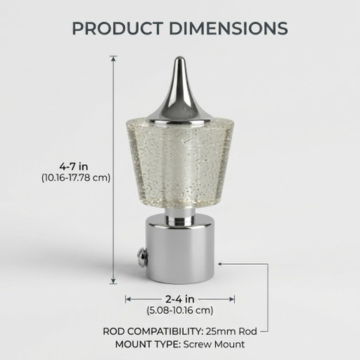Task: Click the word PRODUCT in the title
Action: point(118,28)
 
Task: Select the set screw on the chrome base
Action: point(142,257)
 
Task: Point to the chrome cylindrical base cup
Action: point(180,249)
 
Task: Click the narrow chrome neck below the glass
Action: point(180,217)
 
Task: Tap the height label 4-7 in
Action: point(73,166)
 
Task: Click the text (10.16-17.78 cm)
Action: point(76,178)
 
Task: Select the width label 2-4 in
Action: point(180,299)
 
